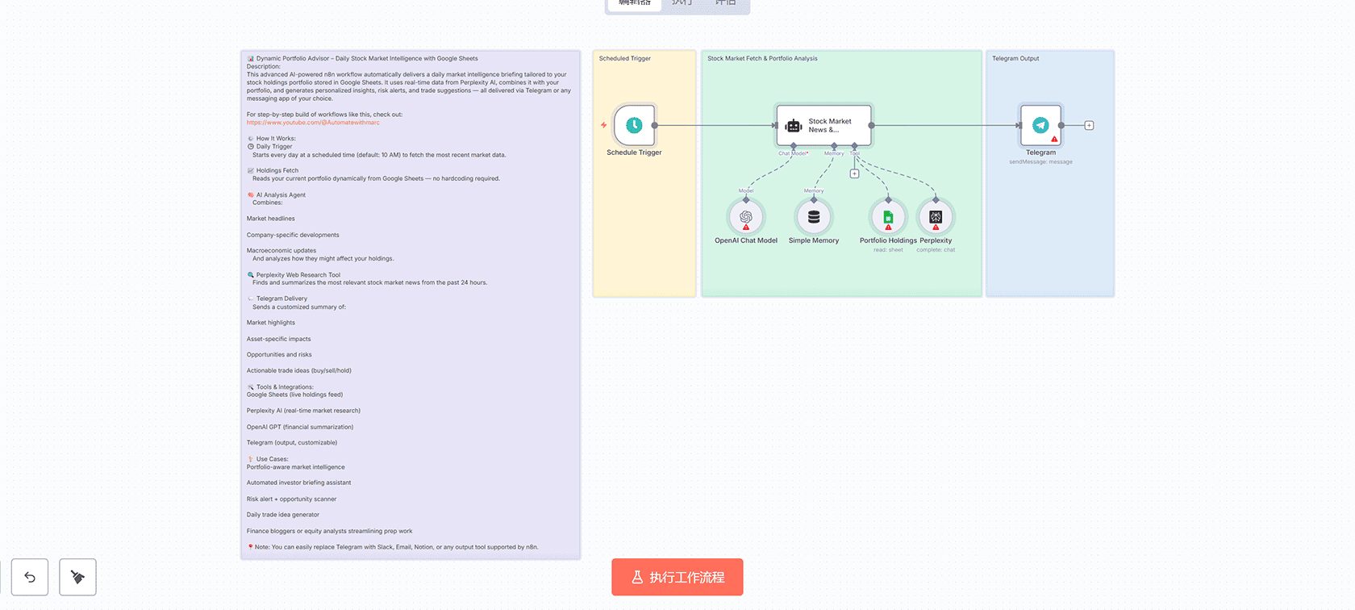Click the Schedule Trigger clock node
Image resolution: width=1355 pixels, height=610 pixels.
[634, 125]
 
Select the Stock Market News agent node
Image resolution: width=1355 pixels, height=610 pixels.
[823, 125]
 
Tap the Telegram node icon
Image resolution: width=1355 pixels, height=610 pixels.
[1040, 125]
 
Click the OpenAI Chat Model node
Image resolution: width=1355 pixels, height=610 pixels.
[746, 217]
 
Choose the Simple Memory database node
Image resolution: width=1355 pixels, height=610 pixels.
[814, 217]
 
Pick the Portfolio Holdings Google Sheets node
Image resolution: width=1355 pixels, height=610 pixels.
[888, 217]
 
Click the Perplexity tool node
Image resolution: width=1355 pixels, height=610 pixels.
[936, 217]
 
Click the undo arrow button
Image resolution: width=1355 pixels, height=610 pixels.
[30, 577]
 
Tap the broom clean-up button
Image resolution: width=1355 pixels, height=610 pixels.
[77, 577]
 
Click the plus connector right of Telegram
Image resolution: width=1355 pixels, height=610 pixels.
[1089, 125]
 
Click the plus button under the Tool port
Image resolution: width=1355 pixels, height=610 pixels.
[854, 173]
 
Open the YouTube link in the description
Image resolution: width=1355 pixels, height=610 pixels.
[313, 123]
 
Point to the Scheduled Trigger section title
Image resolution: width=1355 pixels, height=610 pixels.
[624, 58]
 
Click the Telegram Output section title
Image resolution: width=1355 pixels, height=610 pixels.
[1015, 58]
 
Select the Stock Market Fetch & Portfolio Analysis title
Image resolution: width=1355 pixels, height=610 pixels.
[762, 58]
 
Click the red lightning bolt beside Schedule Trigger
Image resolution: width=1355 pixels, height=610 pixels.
[603, 125]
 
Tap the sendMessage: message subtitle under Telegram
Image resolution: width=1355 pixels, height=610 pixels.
[1040, 162]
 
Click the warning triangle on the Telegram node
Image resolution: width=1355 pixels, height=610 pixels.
[1054, 139]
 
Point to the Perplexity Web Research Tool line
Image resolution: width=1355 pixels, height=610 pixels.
[298, 274]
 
